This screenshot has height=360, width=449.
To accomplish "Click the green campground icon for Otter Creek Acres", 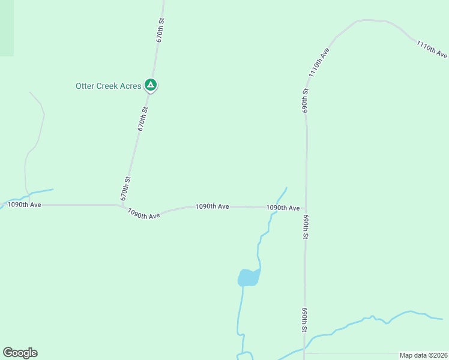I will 151,85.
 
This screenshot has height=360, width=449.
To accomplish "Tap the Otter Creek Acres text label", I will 108,86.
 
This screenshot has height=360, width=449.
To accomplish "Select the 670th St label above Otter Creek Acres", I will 160,29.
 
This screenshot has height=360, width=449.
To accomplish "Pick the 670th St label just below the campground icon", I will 142,119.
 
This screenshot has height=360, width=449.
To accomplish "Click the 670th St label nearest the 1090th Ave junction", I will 125,188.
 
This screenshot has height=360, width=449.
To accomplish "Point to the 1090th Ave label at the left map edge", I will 25,205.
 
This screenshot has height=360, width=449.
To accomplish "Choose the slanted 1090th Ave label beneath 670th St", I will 144,214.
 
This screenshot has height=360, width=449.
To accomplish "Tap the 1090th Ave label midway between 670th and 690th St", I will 212,206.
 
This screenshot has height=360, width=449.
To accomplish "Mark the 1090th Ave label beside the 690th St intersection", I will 283,208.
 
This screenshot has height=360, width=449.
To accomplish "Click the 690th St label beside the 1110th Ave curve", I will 306,101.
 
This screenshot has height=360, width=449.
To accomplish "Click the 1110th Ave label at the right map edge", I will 432,49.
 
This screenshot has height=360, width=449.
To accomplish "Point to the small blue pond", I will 249,277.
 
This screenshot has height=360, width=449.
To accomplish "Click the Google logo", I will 20,353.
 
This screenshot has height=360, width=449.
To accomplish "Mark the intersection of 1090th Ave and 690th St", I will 306,208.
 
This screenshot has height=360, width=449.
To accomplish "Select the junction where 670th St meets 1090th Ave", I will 122,206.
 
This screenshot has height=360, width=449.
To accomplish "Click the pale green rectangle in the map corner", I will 7,28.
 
